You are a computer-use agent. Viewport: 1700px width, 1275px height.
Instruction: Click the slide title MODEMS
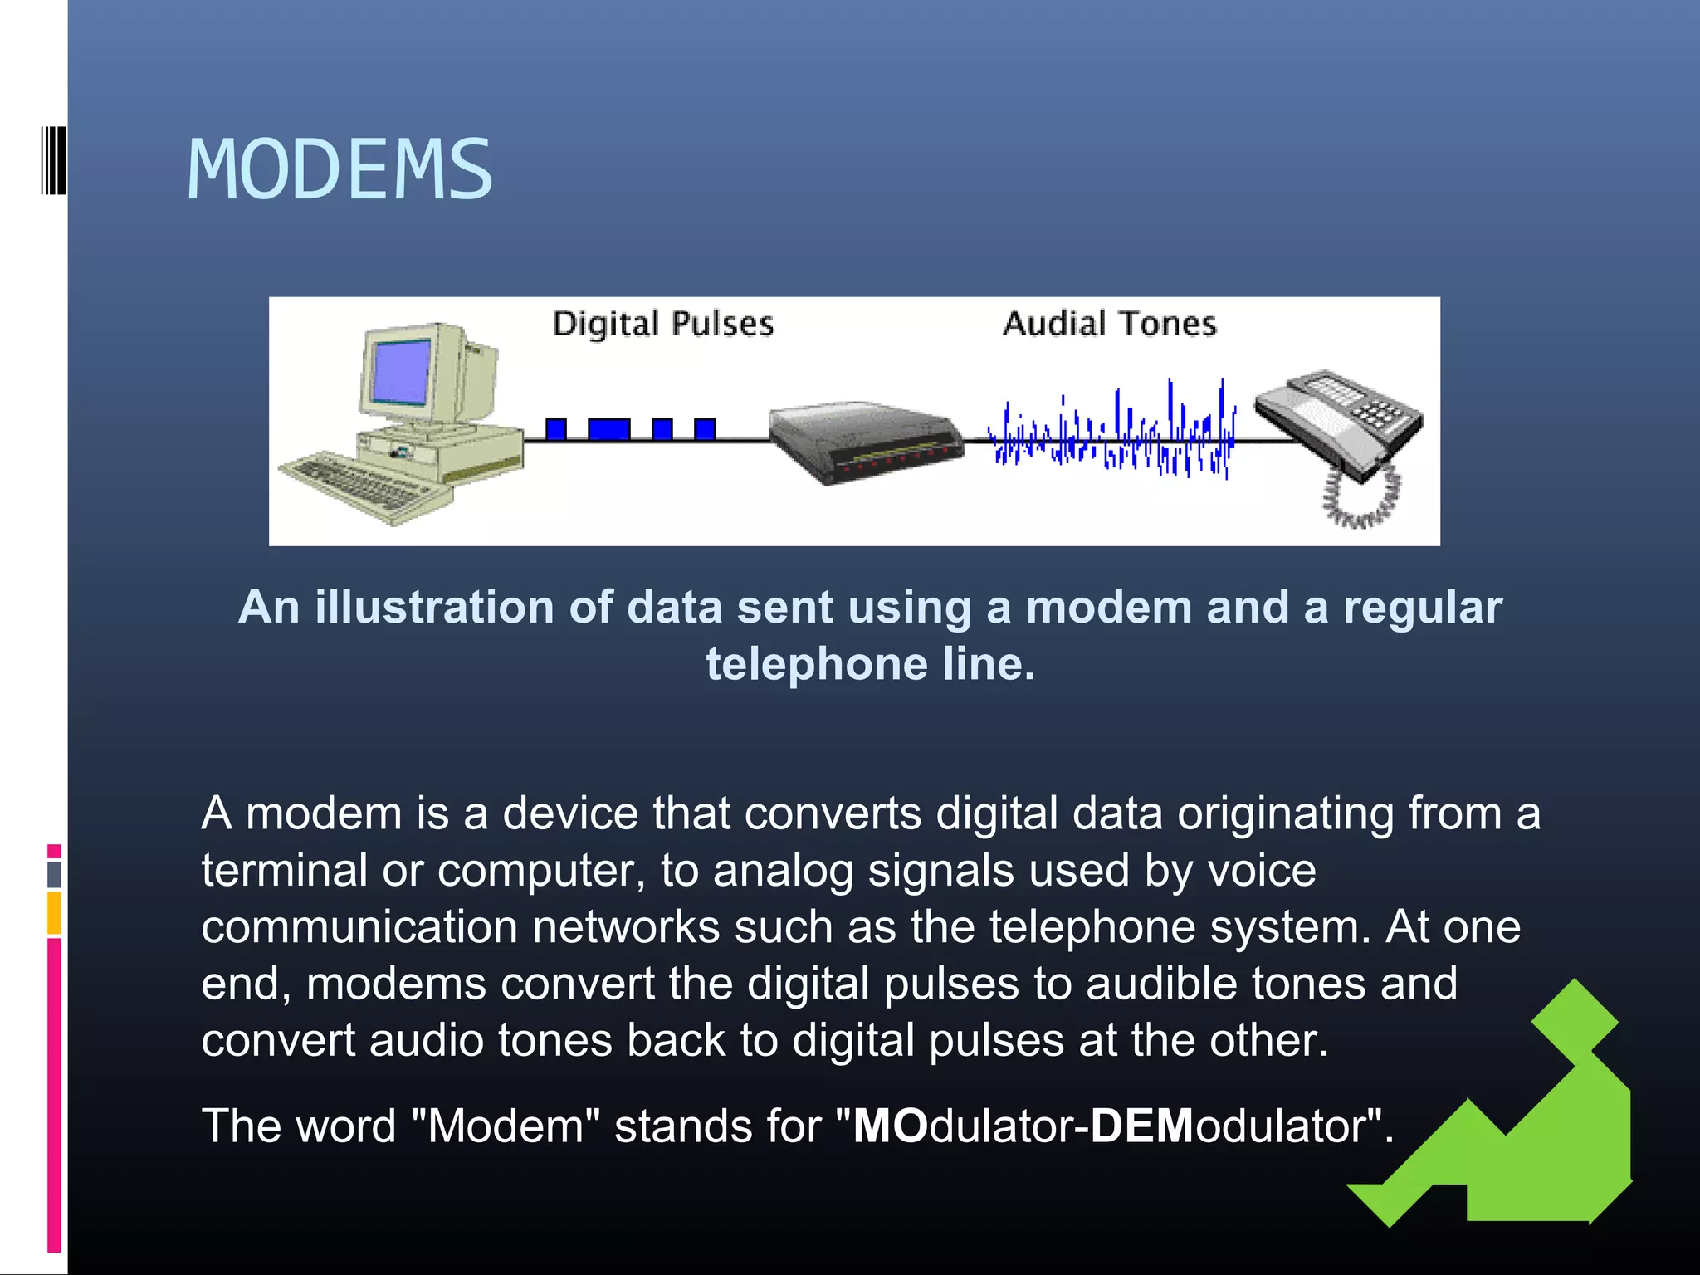point(340,170)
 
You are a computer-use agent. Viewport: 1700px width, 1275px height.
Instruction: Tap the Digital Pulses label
point(662,324)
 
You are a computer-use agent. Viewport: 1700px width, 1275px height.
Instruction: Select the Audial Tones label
point(1110,323)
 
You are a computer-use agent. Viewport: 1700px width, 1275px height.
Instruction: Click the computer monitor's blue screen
point(403,371)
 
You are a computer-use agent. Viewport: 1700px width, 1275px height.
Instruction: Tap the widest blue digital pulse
point(608,429)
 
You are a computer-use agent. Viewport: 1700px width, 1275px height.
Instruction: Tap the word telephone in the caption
point(817,664)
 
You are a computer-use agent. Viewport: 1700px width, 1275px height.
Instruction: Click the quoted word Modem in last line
point(506,1126)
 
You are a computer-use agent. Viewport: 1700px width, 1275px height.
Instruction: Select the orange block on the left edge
point(54,912)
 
